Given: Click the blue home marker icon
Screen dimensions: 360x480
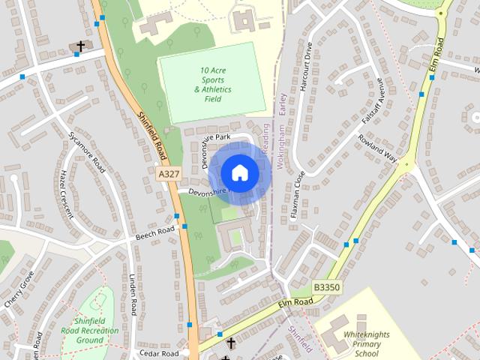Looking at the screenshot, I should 239,172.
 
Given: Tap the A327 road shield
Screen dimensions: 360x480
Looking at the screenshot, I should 169,173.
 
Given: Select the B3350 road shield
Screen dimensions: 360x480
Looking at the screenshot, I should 327,287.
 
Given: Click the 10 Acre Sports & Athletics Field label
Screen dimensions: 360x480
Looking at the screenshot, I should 213,84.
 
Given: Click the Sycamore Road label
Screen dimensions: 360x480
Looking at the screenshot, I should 88,150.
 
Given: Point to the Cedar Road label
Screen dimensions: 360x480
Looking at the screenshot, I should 160,352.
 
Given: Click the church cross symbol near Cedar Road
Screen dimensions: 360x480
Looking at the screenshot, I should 231,343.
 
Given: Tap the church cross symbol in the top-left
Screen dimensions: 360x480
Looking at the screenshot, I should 80,47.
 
